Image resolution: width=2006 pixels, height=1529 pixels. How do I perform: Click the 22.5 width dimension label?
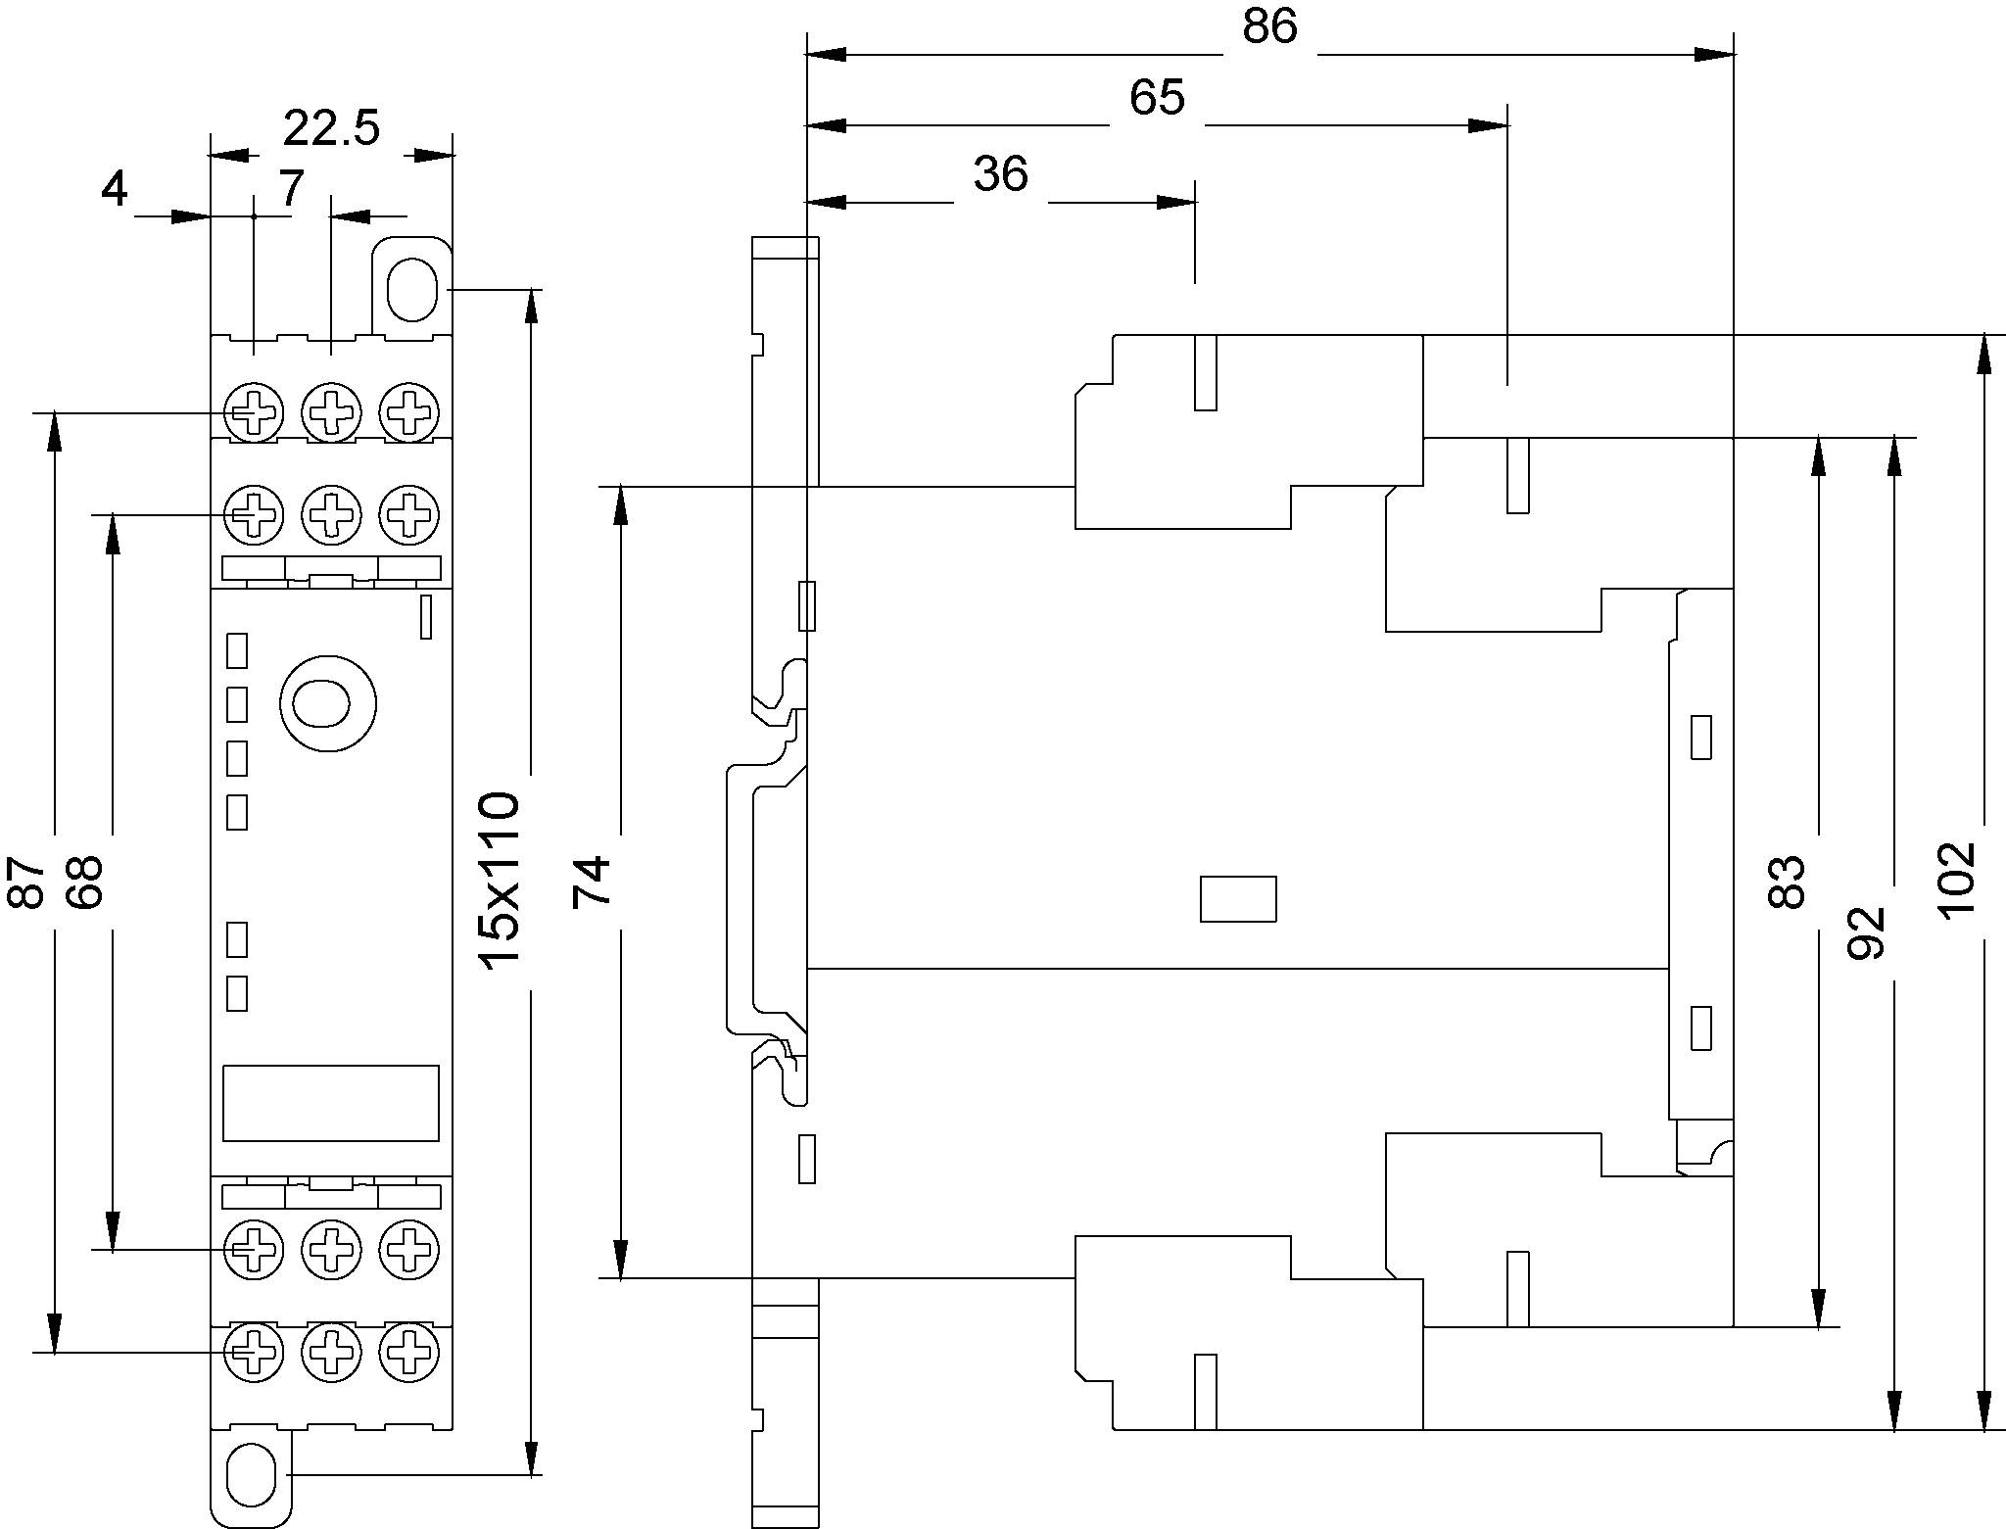[331, 128]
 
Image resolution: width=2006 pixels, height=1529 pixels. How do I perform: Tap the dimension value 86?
[1269, 26]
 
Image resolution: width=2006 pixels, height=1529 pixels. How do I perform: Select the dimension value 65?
[1157, 98]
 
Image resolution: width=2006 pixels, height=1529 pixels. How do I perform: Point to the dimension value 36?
[1000, 174]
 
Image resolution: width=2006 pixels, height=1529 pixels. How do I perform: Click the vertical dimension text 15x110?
[501, 879]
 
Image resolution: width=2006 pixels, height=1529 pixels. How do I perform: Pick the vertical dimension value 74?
[593, 880]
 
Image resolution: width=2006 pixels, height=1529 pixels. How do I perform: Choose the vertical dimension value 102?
[1958, 880]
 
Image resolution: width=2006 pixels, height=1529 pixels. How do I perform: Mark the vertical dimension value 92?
[1866, 932]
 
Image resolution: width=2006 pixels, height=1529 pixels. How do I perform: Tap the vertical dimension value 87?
[26, 882]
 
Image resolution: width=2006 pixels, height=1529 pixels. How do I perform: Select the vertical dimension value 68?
[85, 882]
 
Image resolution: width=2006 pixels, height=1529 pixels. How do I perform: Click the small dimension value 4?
[114, 188]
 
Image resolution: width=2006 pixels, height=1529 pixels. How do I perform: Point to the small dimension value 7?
[291, 188]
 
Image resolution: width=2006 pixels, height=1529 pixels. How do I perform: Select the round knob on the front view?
[328, 703]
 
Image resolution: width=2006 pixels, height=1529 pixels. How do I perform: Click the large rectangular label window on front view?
[330, 1103]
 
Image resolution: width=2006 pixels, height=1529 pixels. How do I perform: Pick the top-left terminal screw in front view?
[255, 412]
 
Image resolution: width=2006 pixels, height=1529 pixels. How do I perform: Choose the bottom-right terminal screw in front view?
[408, 1352]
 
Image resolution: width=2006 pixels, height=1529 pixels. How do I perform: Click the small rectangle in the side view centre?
[1238, 898]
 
